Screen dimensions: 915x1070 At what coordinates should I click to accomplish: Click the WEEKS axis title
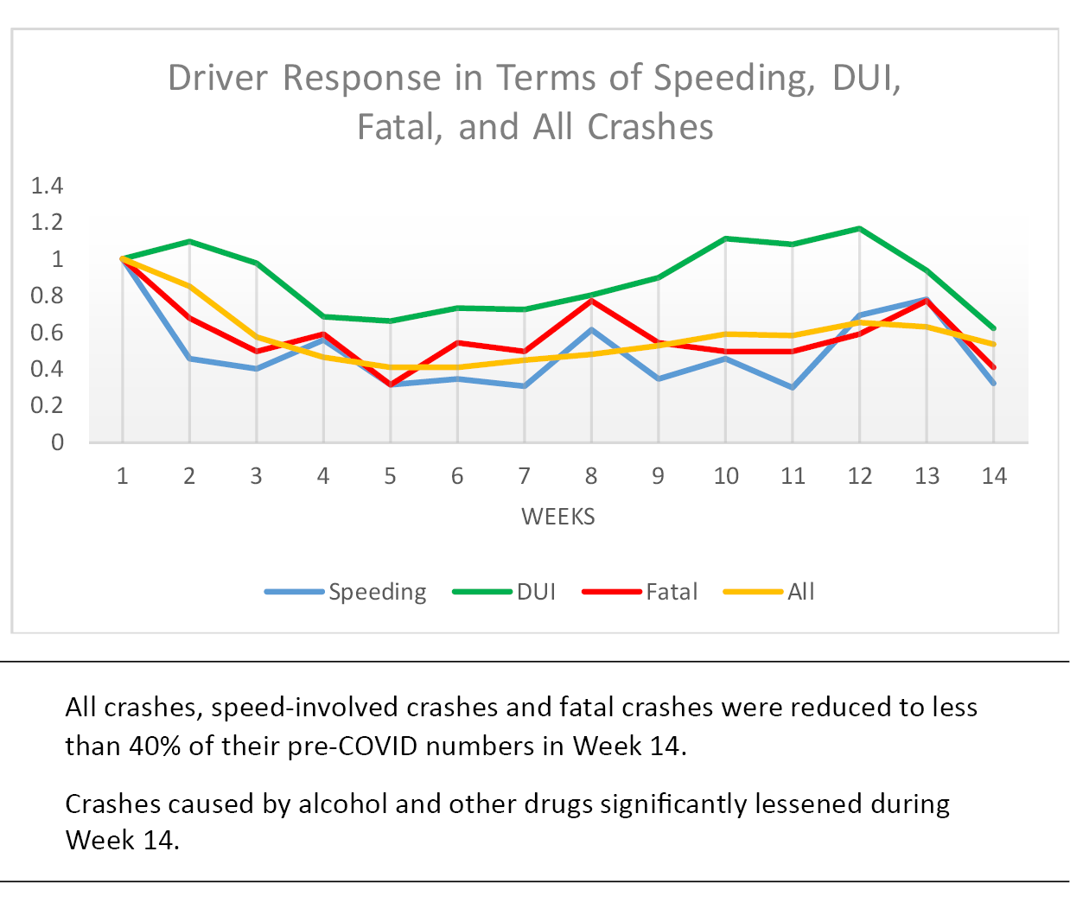[558, 517]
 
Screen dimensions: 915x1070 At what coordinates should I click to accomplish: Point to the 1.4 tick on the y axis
[47, 185]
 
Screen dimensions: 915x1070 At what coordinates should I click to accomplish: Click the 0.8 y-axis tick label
[47, 295]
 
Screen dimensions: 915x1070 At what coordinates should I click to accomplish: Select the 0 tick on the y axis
[57, 442]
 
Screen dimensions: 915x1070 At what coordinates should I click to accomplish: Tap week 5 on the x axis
[390, 476]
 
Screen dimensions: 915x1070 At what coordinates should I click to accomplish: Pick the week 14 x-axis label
[994, 476]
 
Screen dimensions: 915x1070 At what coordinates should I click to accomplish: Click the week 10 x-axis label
[726, 476]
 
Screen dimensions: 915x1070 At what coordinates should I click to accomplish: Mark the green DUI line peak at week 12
[859, 228]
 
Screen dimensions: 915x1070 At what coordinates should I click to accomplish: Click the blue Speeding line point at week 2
[189, 358]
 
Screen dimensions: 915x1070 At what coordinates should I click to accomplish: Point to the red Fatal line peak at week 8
[591, 300]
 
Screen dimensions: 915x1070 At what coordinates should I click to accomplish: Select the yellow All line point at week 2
[189, 286]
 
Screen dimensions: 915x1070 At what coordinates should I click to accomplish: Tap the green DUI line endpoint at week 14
[994, 328]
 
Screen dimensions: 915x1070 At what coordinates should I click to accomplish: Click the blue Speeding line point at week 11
[793, 387]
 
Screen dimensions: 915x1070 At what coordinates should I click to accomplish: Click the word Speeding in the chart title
[734, 78]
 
